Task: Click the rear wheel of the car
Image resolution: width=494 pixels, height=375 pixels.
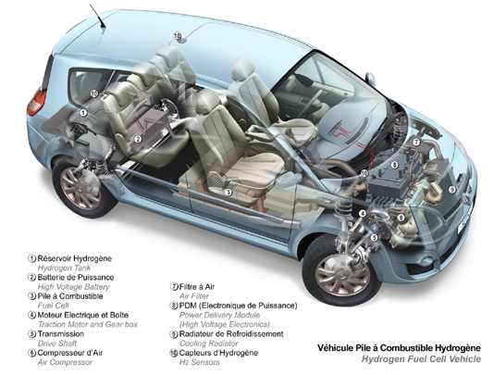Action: (x=82, y=188)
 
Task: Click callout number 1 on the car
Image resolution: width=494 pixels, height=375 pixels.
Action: (x=83, y=113)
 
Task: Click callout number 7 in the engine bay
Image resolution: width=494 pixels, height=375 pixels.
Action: (x=416, y=143)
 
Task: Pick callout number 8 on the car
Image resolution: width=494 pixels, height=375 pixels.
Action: (x=394, y=164)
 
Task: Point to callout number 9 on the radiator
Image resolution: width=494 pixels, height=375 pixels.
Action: (x=452, y=190)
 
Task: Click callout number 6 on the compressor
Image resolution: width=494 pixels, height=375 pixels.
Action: (x=401, y=218)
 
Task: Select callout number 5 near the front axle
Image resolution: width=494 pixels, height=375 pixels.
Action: (x=375, y=237)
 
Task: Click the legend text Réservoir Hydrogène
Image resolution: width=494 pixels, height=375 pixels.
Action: (x=75, y=258)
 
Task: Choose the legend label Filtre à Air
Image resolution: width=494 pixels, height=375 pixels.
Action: (x=197, y=287)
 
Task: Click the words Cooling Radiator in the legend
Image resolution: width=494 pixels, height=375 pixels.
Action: (x=208, y=344)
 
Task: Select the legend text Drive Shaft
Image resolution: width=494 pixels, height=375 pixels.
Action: (x=57, y=344)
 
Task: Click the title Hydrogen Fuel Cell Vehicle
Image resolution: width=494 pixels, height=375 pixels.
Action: (x=421, y=359)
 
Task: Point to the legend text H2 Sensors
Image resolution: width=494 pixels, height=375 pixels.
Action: (x=199, y=362)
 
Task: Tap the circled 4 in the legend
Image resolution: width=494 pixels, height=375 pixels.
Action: (x=31, y=315)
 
